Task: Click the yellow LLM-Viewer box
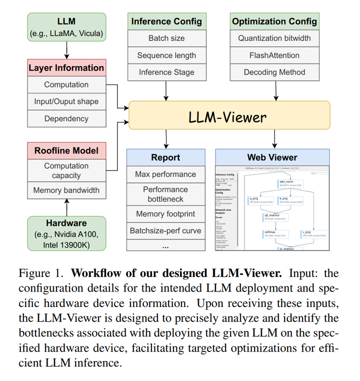point(229,117)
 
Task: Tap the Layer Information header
point(66,68)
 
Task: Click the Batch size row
point(166,38)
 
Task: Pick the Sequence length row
point(166,55)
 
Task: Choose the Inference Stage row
point(166,72)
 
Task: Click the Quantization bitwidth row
point(274,38)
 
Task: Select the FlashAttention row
point(274,55)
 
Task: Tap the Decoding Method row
point(274,72)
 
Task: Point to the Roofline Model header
point(66,150)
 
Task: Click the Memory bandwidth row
point(66,190)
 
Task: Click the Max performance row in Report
point(165,174)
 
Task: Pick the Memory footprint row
point(165,214)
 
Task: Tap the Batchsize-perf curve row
point(165,231)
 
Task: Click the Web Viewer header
point(272,157)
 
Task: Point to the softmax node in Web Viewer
point(270,233)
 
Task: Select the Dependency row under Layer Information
point(66,119)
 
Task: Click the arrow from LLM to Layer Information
point(66,50)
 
